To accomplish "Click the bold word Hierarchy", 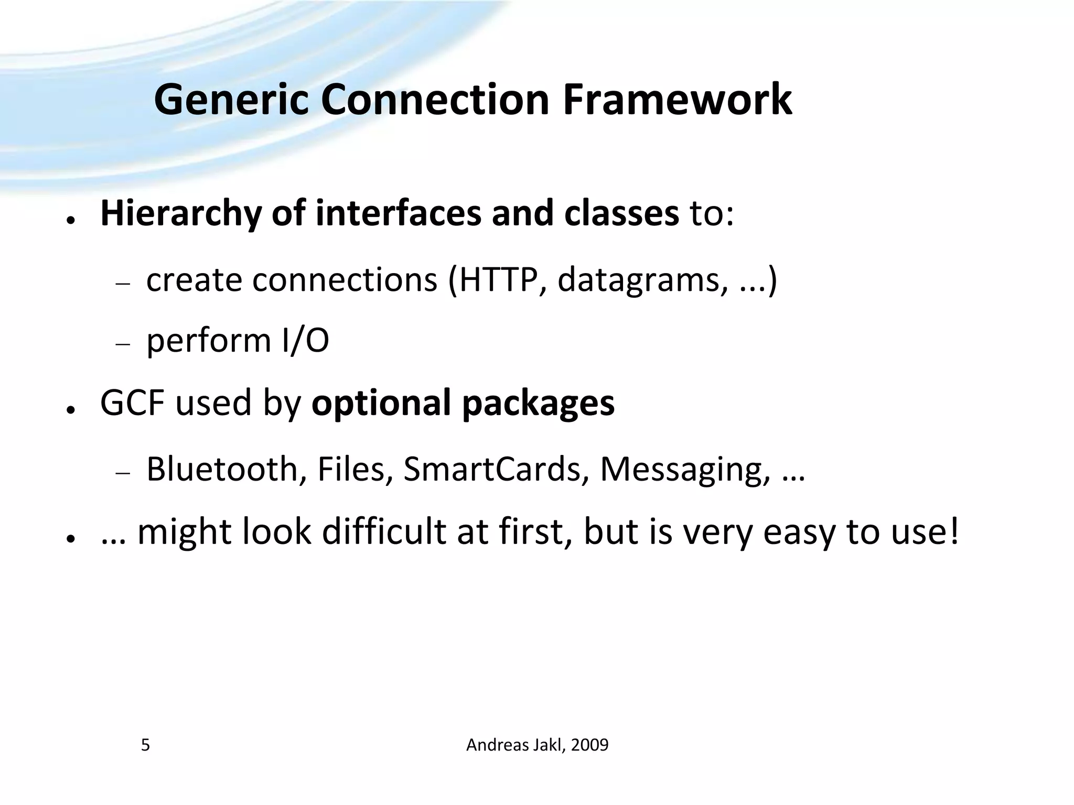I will (180, 214).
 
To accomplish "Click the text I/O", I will (305, 341).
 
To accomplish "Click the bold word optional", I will (381, 403).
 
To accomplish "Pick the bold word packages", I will (538, 404).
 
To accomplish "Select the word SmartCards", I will (492, 469).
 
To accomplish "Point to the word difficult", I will (383, 531).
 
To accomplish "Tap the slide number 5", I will (145, 745).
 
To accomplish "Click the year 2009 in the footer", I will (589, 745).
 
